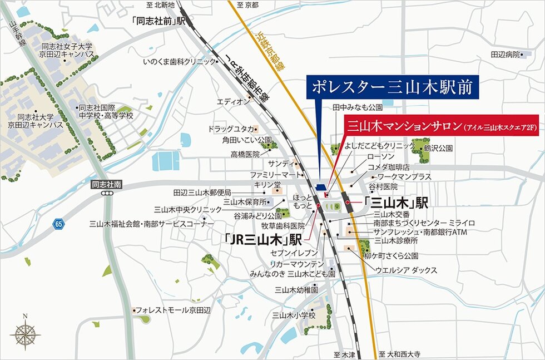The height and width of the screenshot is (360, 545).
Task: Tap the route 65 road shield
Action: click(x=58, y=224)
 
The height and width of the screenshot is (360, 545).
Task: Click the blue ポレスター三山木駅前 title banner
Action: click(x=392, y=87)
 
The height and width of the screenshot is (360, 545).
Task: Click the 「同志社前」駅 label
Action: click(x=159, y=21)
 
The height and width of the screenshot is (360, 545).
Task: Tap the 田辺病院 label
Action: click(x=505, y=55)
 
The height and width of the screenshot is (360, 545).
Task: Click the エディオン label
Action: click(x=233, y=102)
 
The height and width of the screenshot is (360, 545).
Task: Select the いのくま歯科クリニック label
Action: click(x=178, y=61)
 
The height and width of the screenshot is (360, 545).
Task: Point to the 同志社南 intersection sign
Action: click(x=106, y=183)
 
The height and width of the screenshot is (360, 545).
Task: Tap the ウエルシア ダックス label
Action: click(x=407, y=270)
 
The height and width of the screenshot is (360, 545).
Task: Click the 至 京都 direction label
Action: click(x=247, y=5)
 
